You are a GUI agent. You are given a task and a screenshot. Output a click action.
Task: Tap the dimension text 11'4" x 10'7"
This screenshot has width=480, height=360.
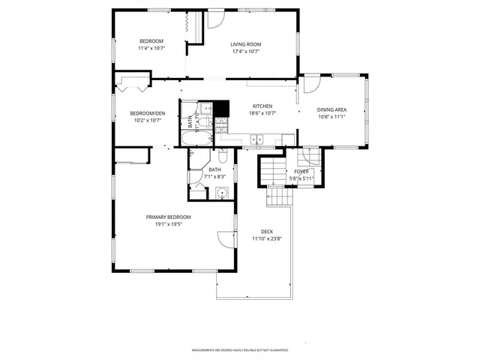[151, 48]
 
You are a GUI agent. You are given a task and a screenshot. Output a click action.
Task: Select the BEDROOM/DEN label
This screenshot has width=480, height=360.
[148, 113]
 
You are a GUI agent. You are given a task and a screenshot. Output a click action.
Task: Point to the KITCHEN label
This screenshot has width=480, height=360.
[262, 106]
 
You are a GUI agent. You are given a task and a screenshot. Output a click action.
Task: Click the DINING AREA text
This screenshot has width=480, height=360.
[331, 109]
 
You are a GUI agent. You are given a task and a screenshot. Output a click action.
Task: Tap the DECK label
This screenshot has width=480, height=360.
[266, 231]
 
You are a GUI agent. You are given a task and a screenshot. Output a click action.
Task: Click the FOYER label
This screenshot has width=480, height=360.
[301, 172]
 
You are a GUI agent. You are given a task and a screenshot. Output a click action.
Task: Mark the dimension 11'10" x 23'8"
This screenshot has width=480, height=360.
[266, 238]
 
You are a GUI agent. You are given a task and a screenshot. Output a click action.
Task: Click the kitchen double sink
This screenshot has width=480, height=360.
[257, 138]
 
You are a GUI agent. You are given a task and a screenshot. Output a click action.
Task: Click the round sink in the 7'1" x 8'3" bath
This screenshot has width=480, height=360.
[221, 193]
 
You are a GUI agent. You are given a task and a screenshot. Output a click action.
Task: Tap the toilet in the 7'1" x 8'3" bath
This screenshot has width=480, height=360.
[223, 157]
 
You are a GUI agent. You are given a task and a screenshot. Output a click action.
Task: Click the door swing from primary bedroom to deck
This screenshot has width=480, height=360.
[225, 240]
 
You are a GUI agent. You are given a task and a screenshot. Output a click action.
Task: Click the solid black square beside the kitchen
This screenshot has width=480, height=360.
[221, 106]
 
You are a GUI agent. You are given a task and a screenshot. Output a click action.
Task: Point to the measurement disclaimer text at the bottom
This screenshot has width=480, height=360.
[240, 350]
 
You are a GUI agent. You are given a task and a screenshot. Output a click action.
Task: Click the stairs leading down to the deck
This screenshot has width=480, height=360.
[279, 196]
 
